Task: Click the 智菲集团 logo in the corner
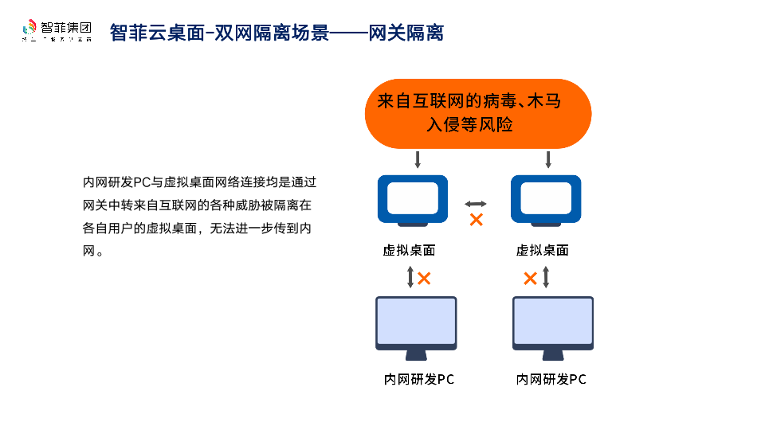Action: pyautogui.click(x=57, y=31)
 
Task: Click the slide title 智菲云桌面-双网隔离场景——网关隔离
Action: pyautogui.click(x=277, y=33)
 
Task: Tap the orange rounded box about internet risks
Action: pyautogui.click(x=477, y=113)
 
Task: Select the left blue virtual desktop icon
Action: pyautogui.click(x=412, y=199)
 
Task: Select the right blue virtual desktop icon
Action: pyautogui.click(x=546, y=199)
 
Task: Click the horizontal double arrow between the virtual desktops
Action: pyautogui.click(x=476, y=204)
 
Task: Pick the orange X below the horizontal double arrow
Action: pyautogui.click(x=477, y=220)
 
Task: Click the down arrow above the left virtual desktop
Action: pyautogui.click(x=417, y=159)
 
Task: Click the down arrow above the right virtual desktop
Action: pyautogui.click(x=548, y=159)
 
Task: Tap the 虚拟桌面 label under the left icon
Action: pyautogui.click(x=409, y=250)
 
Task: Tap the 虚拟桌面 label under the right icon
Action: pyautogui.click(x=543, y=250)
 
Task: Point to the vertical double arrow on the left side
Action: pyautogui.click(x=410, y=277)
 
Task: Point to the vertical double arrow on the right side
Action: pyautogui.click(x=546, y=277)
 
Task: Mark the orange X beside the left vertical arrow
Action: pyautogui.click(x=425, y=278)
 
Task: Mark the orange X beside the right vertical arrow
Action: pyautogui.click(x=530, y=278)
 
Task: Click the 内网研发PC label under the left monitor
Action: pyautogui.click(x=419, y=380)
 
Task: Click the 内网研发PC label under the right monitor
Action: pyautogui.click(x=551, y=380)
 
